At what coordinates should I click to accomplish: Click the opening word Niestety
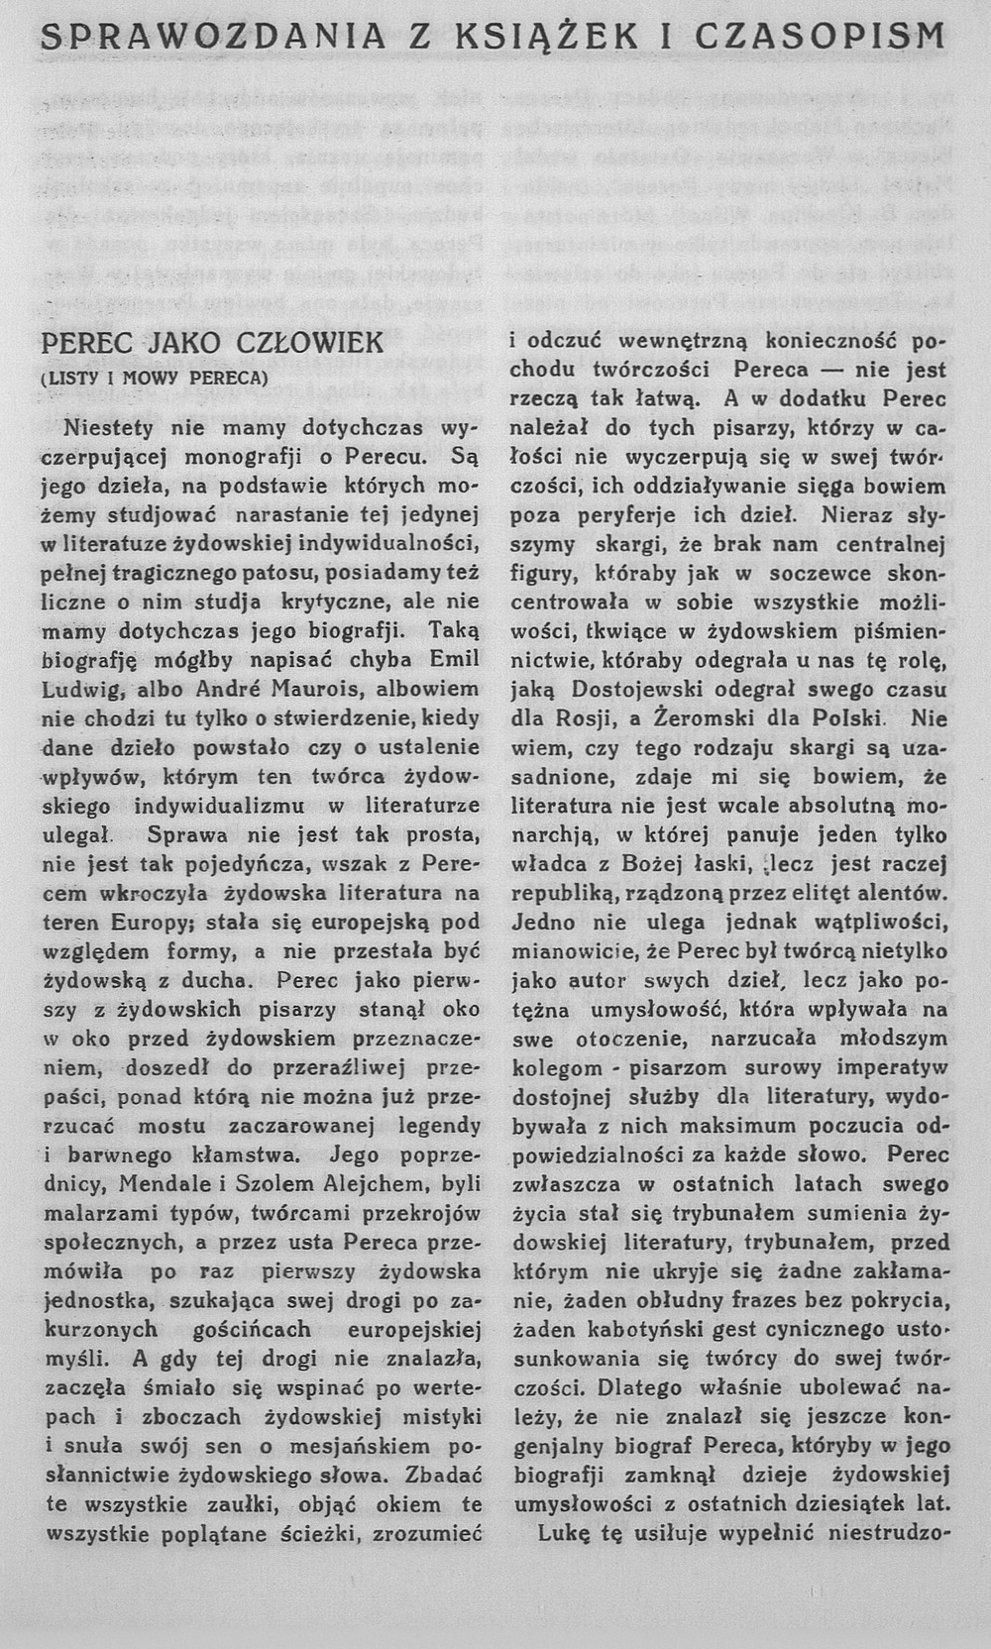coord(109,428)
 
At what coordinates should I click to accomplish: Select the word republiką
coord(566,892)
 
